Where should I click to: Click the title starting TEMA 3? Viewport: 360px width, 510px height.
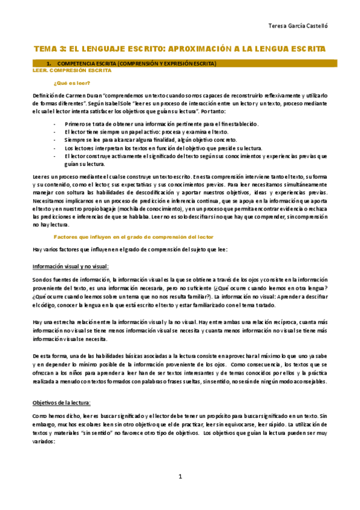coord(179,48)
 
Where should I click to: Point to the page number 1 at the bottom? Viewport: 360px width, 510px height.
coord(180,477)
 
